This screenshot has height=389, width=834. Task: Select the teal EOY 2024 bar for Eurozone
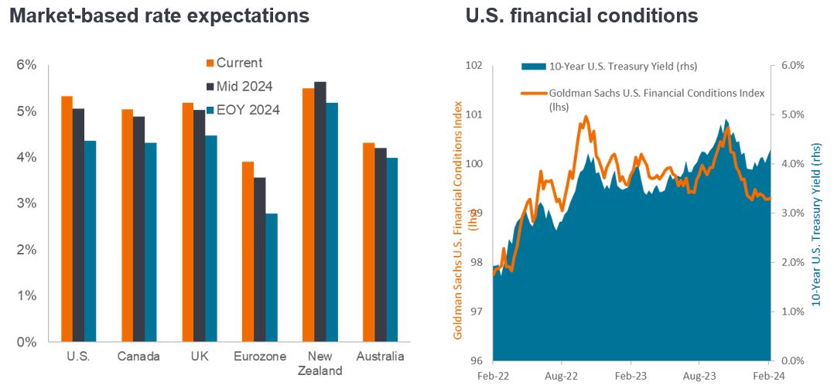click(x=272, y=278)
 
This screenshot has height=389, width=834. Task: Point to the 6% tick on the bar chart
click(x=26, y=65)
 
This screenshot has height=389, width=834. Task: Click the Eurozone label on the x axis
click(x=260, y=357)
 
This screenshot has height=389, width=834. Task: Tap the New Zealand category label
click(x=320, y=363)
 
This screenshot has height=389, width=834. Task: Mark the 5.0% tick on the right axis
click(x=791, y=114)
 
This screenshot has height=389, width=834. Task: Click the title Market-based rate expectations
click(x=159, y=15)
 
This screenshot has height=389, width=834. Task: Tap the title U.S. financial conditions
click(x=582, y=15)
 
